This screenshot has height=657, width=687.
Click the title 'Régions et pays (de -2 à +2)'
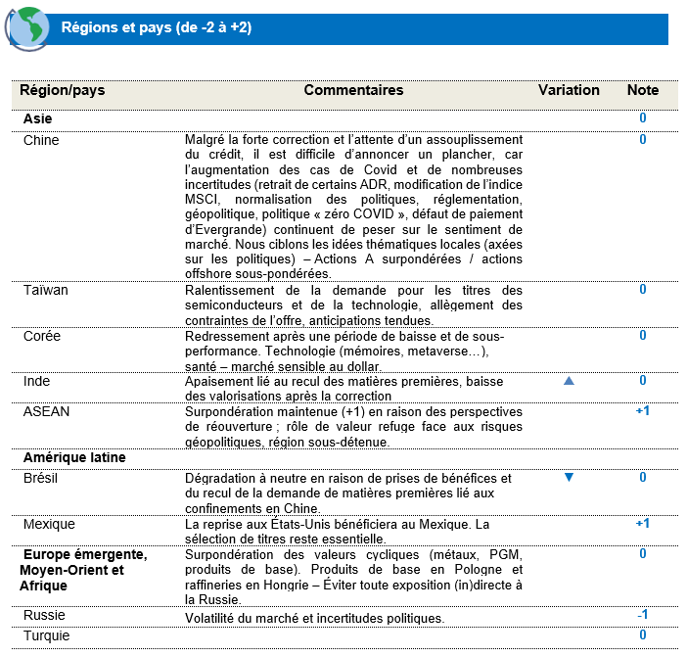pos(157,28)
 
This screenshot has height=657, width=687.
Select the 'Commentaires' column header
pos(353,90)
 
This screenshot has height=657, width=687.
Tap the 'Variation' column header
pos(569,90)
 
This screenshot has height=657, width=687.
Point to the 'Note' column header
pos(643,90)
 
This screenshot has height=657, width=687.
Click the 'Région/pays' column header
pos(64,90)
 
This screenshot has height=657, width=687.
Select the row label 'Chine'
pos(41,140)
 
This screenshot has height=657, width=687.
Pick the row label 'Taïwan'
pos(45,290)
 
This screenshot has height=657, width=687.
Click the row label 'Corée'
pos(42,335)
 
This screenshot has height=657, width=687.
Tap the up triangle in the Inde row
pos(569,381)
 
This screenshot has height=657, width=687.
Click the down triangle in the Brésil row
pos(569,478)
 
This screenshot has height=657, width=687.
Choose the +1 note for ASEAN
pos(643,411)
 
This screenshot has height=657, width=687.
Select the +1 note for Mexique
pos(643,524)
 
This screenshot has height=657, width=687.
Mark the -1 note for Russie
pos(643,615)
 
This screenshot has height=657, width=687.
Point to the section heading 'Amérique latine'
pos(74,456)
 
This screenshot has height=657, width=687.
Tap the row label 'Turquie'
pos(47,635)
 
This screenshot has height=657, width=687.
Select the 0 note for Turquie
pos(643,635)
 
